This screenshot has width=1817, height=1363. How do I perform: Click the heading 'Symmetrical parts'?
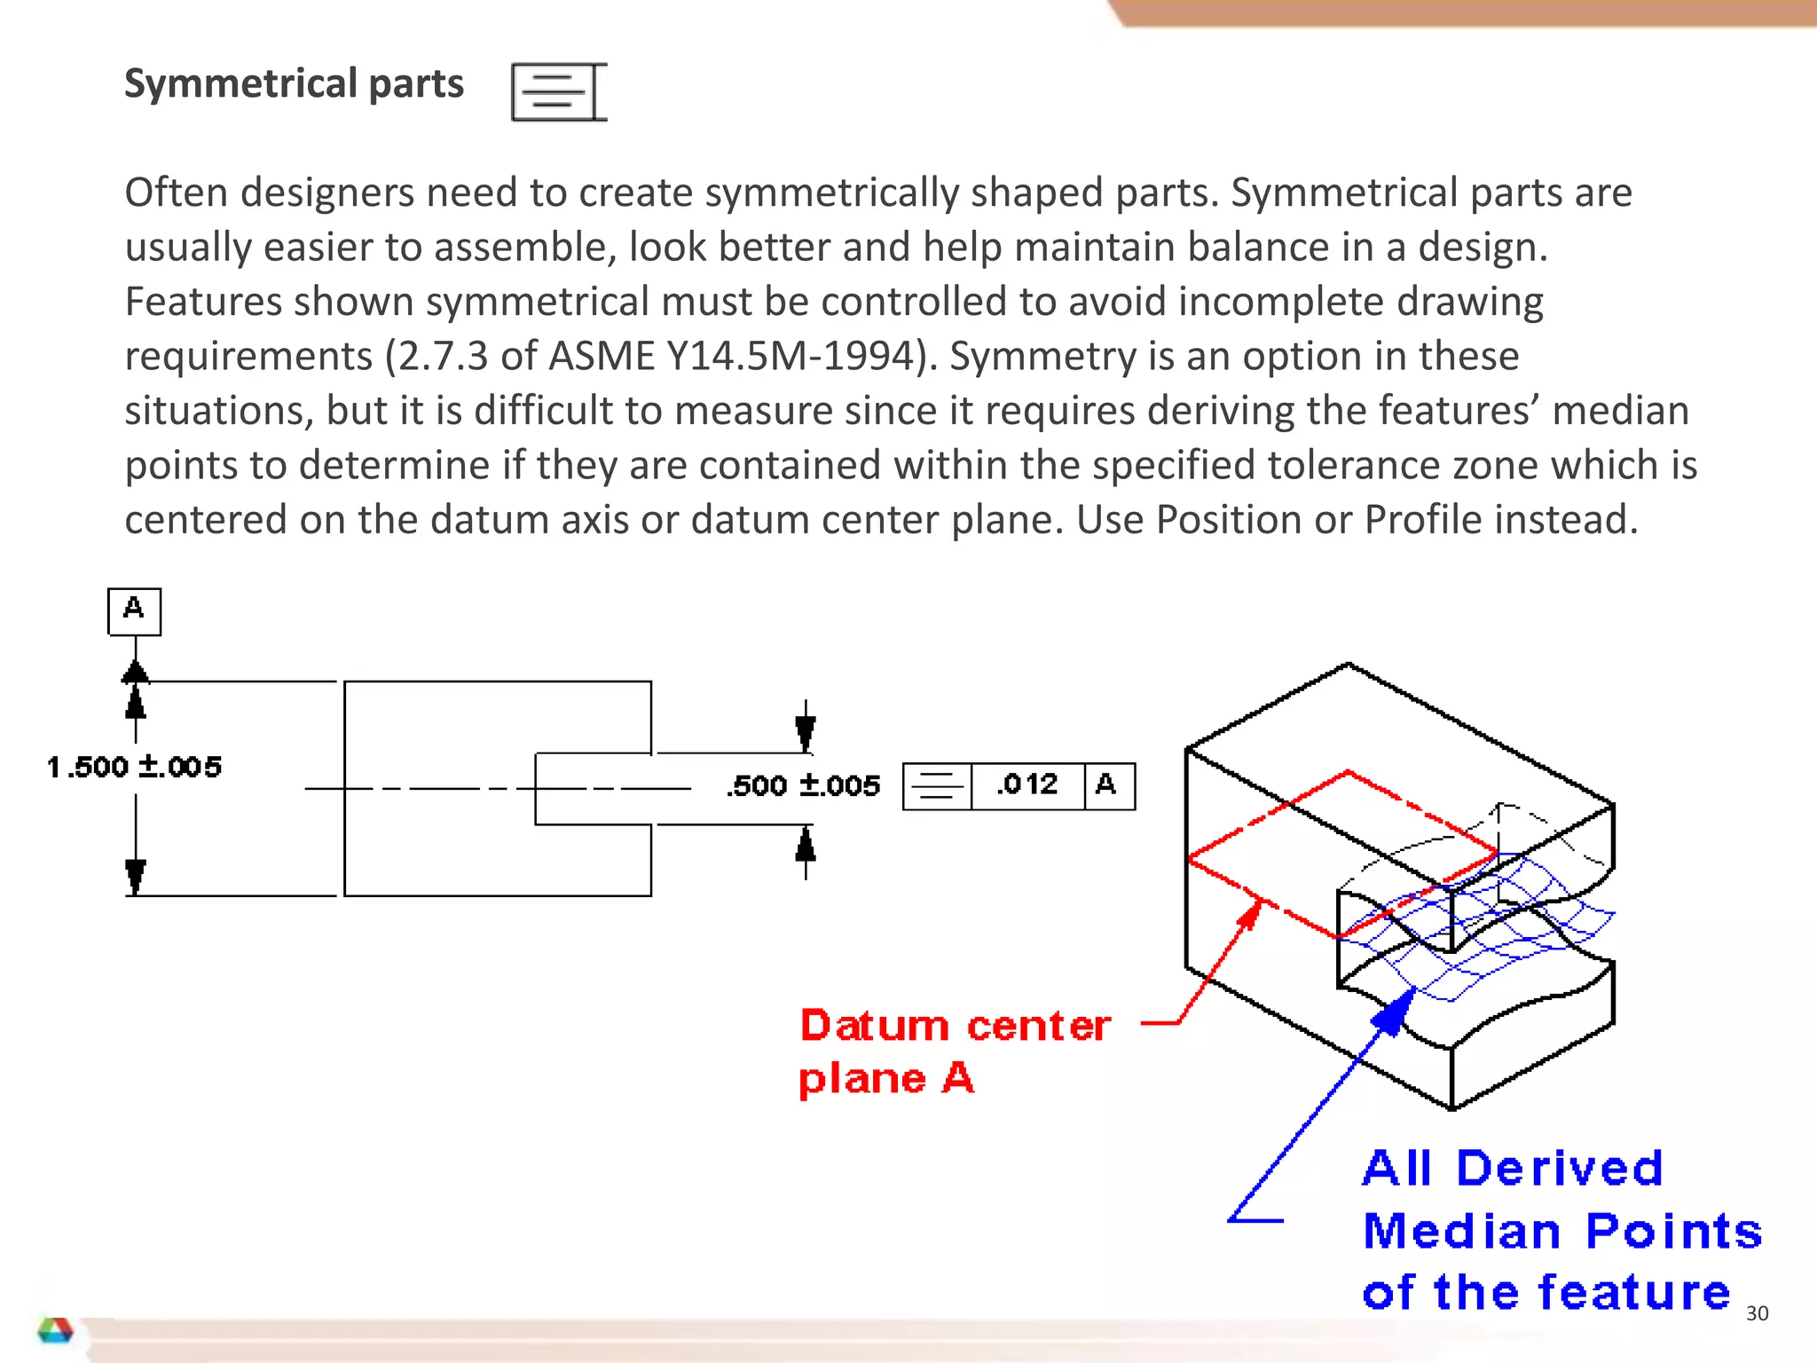point(294,84)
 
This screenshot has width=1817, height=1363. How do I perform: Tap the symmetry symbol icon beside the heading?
point(558,91)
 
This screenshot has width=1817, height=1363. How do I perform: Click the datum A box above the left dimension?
point(134,611)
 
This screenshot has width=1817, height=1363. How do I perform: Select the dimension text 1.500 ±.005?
point(134,767)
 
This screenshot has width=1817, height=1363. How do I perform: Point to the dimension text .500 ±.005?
point(803,785)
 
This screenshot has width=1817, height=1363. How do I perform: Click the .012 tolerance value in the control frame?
point(1027,785)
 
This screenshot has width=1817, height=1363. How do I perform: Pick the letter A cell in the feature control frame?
point(1107,785)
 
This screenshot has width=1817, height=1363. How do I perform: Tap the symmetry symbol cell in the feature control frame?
point(937,785)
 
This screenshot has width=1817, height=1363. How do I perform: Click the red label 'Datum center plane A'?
point(954,1052)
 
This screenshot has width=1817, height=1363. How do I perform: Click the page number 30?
point(1756,1313)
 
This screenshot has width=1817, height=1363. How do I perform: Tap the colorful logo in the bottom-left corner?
point(55,1329)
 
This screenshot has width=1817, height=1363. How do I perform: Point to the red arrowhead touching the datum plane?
point(1250,914)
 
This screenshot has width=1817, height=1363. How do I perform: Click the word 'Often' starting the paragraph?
point(176,193)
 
